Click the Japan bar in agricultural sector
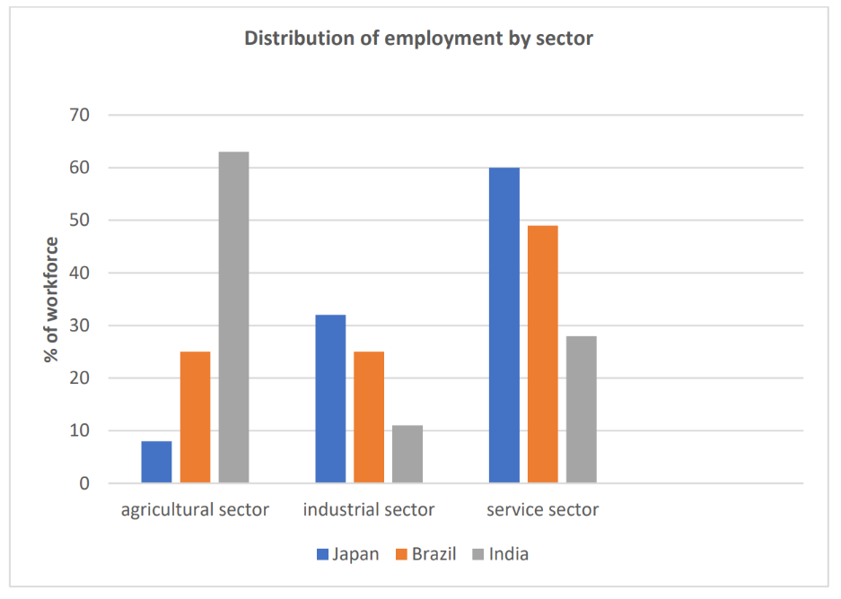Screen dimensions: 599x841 point(156,462)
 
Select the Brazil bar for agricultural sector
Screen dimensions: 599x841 point(195,417)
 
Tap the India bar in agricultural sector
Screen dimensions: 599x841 point(233,317)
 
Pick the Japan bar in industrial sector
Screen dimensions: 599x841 point(330,399)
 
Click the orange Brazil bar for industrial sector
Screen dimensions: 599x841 point(369,417)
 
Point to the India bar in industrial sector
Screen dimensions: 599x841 point(407,454)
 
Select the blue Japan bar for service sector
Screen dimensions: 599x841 point(504,326)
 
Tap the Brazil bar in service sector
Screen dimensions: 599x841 point(543,354)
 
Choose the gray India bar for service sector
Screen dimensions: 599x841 point(582,410)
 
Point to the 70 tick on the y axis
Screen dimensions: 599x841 point(80,115)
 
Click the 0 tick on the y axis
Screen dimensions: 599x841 point(85,483)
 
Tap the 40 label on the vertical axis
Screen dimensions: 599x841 point(80,273)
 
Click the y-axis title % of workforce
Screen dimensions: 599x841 point(52,299)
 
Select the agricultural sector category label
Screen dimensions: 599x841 point(195,510)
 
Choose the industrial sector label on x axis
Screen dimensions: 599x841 point(369,510)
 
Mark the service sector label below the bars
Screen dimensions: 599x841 point(542,510)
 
